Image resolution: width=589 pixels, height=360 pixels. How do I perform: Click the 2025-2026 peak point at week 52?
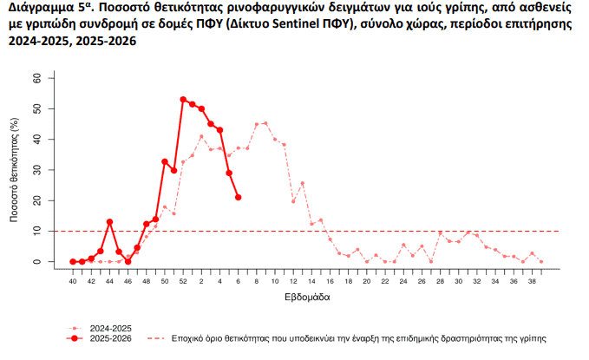pos(183,100)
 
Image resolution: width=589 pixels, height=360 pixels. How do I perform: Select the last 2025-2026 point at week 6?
pos(238,198)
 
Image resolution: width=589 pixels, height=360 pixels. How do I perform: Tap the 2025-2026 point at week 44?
pos(109,222)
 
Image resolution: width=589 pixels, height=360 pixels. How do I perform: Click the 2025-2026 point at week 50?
pos(165,161)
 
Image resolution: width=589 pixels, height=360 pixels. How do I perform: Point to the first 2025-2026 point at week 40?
pos(73,261)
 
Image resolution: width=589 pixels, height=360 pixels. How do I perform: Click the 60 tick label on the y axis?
pos(37,78)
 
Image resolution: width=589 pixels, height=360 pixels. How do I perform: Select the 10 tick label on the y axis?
pos(37,231)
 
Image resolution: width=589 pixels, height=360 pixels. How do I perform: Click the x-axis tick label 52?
pos(183,281)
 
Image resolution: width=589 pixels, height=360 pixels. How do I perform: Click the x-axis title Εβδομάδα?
pos(304,298)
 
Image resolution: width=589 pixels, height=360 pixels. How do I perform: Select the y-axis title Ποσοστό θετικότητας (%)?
pos(15,170)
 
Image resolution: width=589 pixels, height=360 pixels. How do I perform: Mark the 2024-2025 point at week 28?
pos(440,232)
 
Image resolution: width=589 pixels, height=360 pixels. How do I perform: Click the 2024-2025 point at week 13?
pos(302,183)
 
